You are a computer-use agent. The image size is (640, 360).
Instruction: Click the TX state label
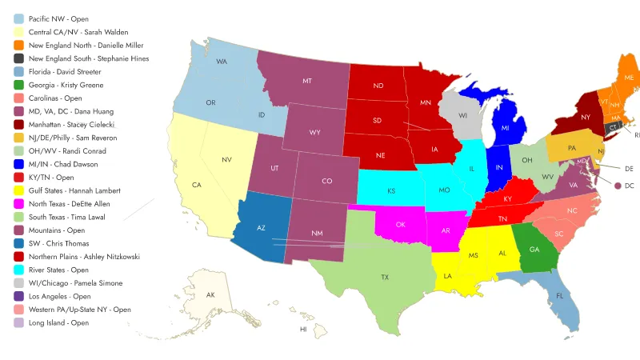pos(385,277)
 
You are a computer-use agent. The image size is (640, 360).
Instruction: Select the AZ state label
pos(260,227)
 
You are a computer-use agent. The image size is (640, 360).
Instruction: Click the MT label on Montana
pos(306,81)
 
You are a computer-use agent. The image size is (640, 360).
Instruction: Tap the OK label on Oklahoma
pos(400,224)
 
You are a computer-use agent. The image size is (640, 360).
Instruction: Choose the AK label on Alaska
pos(210,295)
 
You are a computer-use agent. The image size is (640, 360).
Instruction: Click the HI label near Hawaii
pos(303,329)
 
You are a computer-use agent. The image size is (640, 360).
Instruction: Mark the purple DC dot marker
pos(618,186)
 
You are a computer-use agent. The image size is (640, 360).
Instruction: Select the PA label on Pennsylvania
pos(572,147)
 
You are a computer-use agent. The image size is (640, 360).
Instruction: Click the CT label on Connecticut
pos(613,127)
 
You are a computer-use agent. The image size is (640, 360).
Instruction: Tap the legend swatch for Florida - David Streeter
pos(18,72)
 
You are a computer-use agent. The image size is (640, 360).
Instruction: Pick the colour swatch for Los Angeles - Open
pos(18,297)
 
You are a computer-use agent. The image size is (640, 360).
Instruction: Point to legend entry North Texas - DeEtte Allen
pos(69,204)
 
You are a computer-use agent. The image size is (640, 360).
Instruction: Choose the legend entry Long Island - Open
pos(58,323)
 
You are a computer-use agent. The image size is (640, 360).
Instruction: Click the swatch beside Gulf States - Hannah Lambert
pos(18,190)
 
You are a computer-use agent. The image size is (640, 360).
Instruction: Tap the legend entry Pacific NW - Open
pos(58,18)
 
